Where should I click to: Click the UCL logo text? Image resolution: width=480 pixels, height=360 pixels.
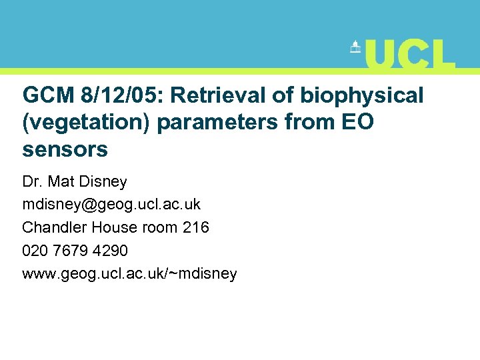tap(410, 54)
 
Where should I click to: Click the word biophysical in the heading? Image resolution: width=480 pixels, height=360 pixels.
tap(361, 95)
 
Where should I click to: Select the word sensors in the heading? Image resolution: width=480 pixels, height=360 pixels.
tap(65, 149)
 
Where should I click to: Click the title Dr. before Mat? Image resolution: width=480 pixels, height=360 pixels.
tap(33, 181)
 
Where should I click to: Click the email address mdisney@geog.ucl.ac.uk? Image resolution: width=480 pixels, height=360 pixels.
tap(111, 204)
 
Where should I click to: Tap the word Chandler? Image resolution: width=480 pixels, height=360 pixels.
tap(55, 227)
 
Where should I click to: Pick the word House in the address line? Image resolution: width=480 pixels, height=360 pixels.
tap(113, 227)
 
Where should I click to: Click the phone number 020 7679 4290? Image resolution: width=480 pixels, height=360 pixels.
tap(75, 251)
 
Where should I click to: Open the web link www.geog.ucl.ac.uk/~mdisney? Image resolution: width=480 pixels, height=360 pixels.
tap(129, 273)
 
